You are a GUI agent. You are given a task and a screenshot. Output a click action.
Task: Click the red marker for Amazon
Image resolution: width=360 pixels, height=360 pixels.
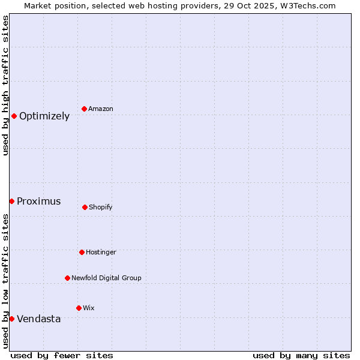coord(84,109)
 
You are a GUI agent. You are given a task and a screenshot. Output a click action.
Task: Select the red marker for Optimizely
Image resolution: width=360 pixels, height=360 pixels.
coord(14,116)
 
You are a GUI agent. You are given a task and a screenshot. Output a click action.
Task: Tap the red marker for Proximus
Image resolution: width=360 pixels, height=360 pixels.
coord(11,201)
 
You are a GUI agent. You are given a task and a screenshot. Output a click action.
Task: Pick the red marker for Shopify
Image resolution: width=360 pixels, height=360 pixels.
coord(85,207)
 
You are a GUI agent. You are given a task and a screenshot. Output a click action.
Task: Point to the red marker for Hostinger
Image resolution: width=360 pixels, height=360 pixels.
coord(82,252)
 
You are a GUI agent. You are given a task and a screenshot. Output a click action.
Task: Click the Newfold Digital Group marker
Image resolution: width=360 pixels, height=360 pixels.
coord(67,278)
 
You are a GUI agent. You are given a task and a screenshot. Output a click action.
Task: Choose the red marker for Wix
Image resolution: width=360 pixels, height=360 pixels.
coord(79,308)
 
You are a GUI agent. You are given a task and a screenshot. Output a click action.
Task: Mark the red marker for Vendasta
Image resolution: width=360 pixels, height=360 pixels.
coord(11,319)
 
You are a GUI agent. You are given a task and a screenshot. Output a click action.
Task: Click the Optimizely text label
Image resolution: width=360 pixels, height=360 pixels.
coord(44,116)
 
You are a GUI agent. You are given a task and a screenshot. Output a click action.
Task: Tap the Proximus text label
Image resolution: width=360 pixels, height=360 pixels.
coord(39,202)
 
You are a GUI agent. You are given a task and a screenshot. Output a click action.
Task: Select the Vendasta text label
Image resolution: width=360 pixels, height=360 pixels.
coord(39,319)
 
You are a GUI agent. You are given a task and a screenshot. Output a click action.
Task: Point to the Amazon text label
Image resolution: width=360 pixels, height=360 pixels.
coord(101,109)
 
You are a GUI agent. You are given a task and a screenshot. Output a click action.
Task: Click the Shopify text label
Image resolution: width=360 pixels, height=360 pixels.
coord(101,208)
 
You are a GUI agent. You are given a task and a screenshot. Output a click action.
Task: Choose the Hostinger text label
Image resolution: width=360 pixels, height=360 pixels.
coord(101,253)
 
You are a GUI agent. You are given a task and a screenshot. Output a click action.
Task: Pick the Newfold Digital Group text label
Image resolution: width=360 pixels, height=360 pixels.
coord(106,278)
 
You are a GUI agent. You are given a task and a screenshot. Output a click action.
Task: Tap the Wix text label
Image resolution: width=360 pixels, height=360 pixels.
coord(89,308)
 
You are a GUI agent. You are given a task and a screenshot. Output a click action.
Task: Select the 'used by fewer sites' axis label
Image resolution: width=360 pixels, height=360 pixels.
coord(62,355)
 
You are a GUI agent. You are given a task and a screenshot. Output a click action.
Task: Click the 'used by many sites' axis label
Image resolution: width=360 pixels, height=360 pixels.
coord(301,355)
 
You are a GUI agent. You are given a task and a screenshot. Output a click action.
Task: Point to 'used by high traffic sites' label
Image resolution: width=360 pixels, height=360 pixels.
coord(5,86)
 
